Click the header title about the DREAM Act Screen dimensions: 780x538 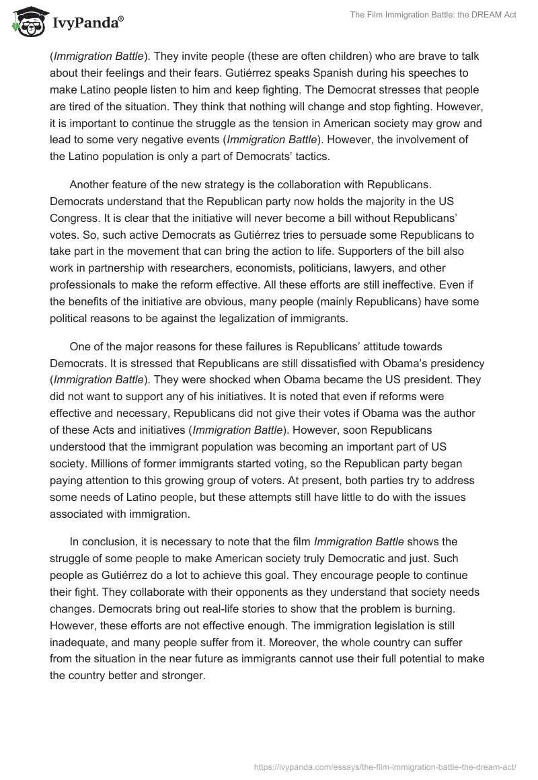(x=433, y=15)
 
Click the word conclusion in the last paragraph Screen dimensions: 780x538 (x=110, y=541)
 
